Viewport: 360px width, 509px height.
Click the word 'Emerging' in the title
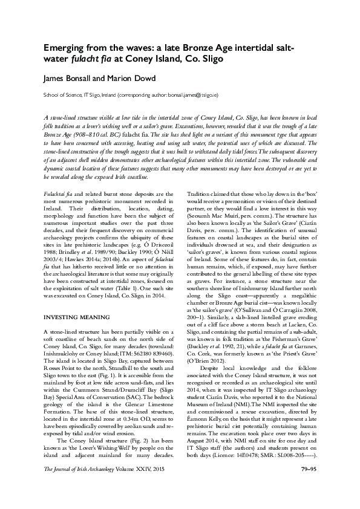[67, 48]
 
